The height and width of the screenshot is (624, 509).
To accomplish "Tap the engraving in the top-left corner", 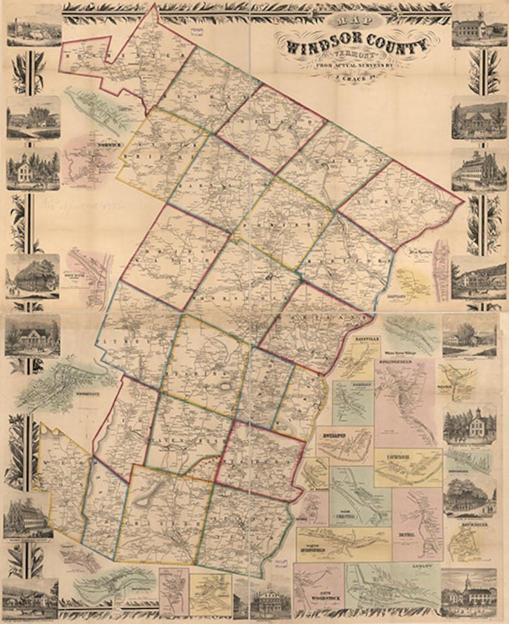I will (x=33, y=26).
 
